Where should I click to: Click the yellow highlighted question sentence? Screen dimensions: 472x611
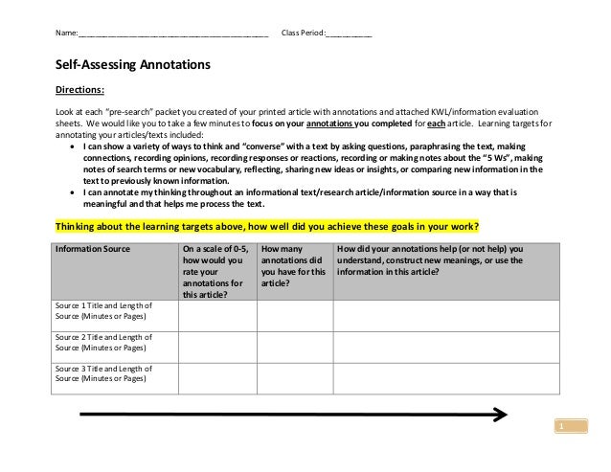[267, 228]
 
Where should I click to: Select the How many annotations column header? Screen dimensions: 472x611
[293, 265]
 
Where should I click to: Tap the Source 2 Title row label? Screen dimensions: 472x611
[103, 342]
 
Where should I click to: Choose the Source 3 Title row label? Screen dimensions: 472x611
[103, 373]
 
